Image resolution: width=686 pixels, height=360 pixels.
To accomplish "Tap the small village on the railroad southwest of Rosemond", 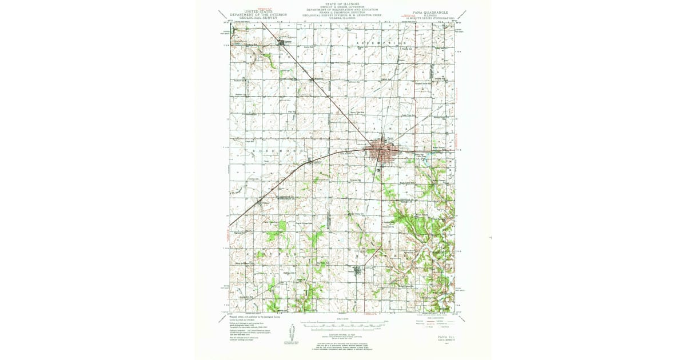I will [x=264, y=203].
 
